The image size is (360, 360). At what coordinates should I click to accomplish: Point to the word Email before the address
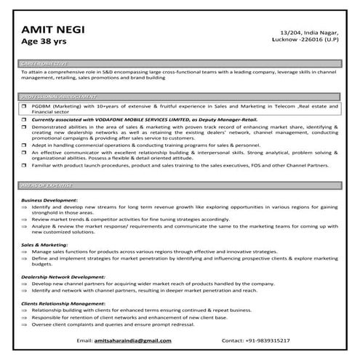click(x=86, y=340)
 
